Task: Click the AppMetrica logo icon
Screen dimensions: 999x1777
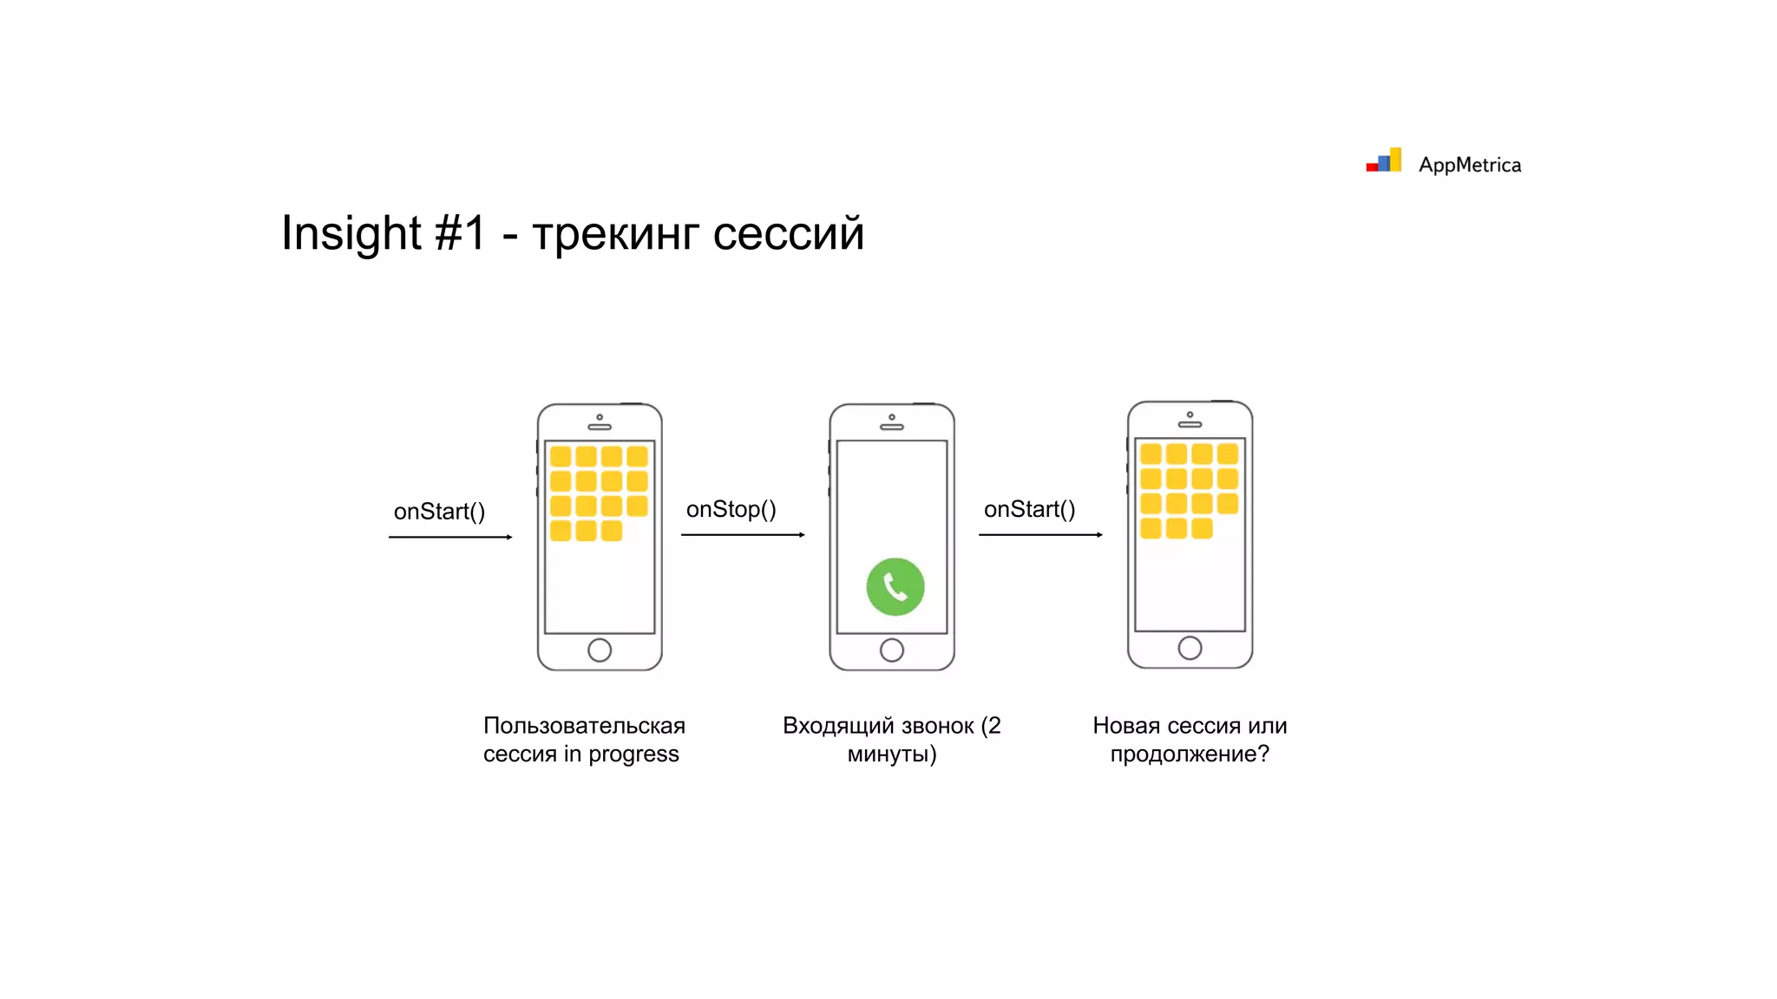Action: (1384, 161)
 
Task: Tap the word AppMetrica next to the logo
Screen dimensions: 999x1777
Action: (1469, 165)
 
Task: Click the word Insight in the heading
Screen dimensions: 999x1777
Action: (351, 233)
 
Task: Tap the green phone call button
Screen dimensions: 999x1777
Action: (895, 587)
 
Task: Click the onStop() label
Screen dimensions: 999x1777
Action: (731, 509)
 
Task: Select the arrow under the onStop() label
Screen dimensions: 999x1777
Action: (743, 535)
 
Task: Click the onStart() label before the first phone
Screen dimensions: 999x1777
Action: (439, 512)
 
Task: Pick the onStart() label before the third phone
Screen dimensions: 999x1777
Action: (1029, 509)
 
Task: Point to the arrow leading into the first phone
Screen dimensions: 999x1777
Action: (450, 538)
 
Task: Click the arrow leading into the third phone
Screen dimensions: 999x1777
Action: (1040, 535)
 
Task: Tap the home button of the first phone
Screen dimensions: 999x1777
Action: (600, 650)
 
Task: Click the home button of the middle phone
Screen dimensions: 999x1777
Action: (892, 650)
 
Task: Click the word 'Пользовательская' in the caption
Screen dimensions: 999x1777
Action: (584, 726)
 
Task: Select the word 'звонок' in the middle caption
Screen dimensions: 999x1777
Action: (938, 726)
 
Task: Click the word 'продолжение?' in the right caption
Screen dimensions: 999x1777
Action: (1190, 754)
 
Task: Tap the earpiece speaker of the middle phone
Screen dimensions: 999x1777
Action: (892, 427)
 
